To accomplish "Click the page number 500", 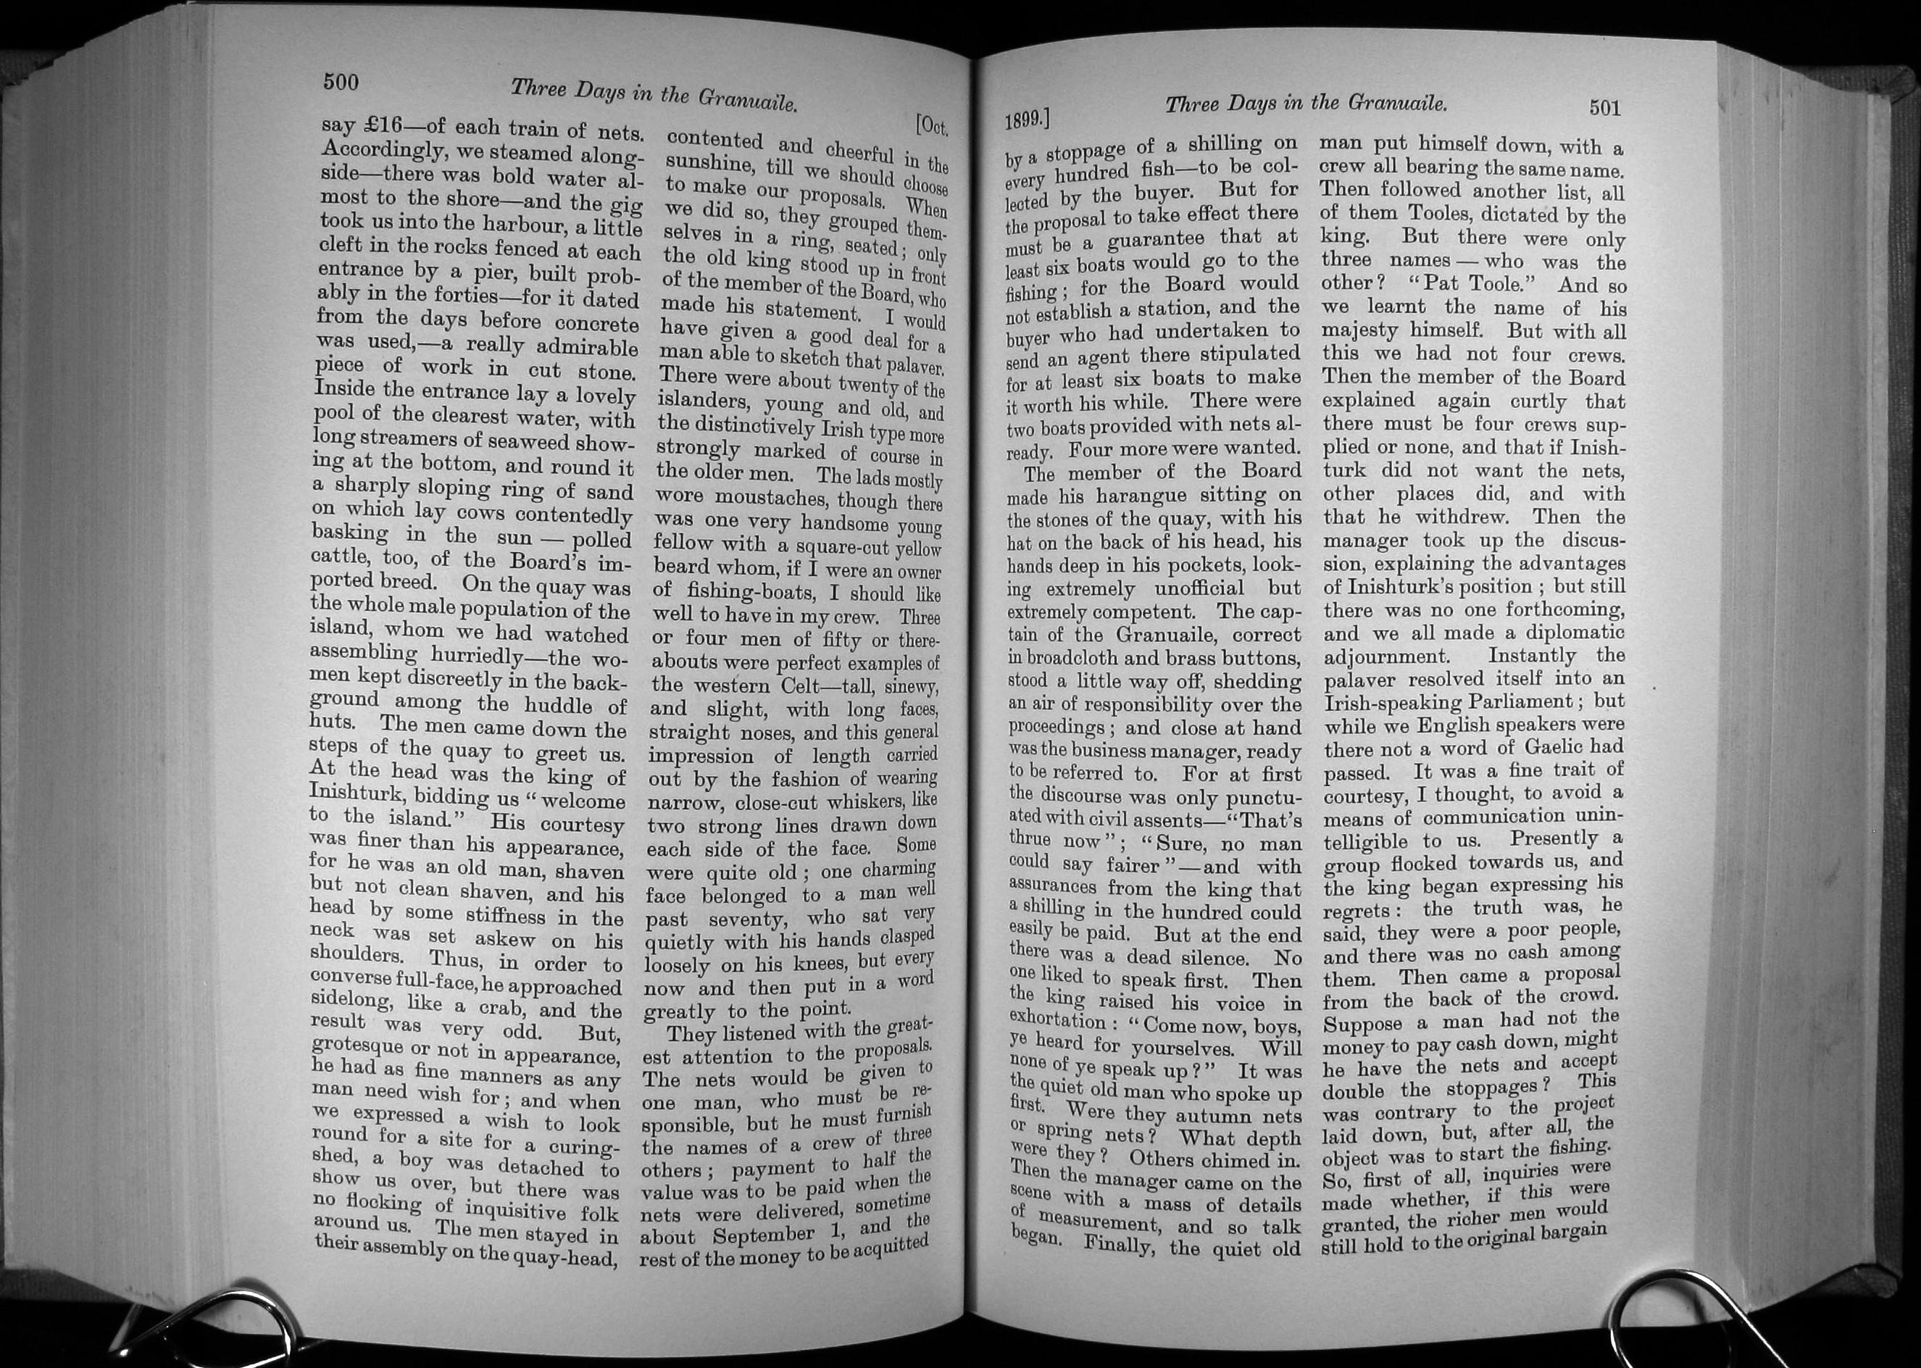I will point(341,83).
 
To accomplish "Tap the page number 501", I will point(1604,108).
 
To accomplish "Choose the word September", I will point(764,1235).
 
